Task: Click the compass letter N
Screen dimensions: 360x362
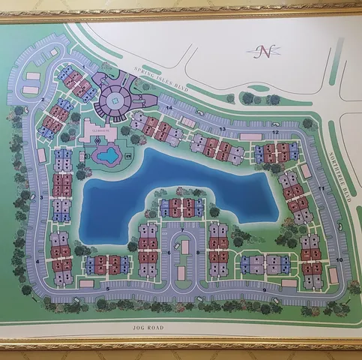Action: pyautogui.click(x=265, y=51)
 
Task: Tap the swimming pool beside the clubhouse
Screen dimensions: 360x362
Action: pyautogui.click(x=107, y=155)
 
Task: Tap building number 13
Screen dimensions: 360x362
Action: pyautogui.click(x=217, y=148)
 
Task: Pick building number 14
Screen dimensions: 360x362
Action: pyautogui.click(x=157, y=128)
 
